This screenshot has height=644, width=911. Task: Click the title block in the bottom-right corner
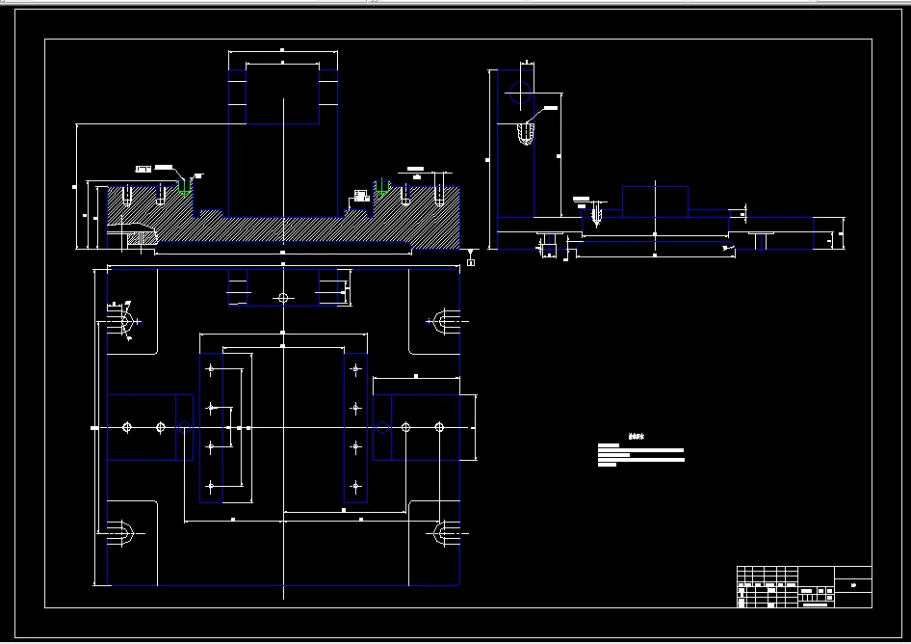(804, 587)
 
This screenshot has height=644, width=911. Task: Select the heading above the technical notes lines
(634, 436)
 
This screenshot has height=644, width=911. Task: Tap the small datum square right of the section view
(470, 261)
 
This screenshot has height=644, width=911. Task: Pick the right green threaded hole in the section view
(380, 188)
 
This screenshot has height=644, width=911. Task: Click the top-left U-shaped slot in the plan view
(122, 321)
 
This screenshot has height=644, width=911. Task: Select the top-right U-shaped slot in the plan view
(444, 321)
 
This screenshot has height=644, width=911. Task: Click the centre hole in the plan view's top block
(282, 297)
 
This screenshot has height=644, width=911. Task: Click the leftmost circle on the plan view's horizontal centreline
(127, 427)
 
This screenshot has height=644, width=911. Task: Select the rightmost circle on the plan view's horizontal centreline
(439, 427)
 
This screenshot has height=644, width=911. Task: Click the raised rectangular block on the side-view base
(655, 201)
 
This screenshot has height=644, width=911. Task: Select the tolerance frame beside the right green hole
(361, 196)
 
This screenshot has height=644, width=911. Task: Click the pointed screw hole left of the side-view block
(596, 215)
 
